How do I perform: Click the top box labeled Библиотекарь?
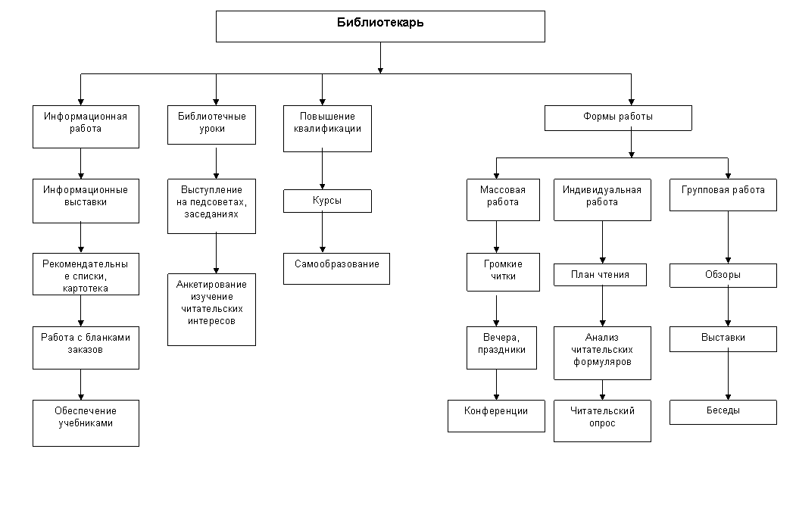(x=380, y=27)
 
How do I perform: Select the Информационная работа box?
(x=86, y=127)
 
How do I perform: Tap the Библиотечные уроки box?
(x=212, y=125)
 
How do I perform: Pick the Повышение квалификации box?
(x=327, y=129)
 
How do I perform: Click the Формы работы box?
(x=618, y=118)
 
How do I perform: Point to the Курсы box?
(x=327, y=201)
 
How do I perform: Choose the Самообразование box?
(x=336, y=269)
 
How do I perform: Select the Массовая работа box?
(x=503, y=200)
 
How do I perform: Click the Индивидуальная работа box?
(x=602, y=200)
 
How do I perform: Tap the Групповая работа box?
(x=723, y=195)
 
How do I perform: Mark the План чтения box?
(x=600, y=275)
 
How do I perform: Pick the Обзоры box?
(x=723, y=275)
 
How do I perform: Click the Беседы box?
(x=723, y=412)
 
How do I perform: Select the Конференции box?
(x=496, y=416)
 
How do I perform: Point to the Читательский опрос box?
(x=602, y=420)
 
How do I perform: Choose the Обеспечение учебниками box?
(x=86, y=423)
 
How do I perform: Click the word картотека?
(x=86, y=288)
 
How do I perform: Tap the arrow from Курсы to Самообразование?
(x=323, y=232)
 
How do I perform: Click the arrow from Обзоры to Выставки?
(x=728, y=307)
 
